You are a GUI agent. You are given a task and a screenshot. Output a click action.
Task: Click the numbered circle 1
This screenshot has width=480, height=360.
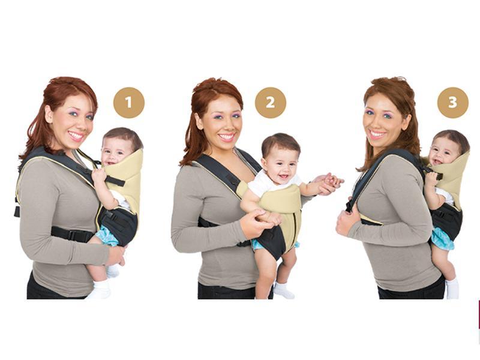[129, 103]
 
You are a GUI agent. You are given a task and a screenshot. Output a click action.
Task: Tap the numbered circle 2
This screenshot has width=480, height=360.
[271, 103]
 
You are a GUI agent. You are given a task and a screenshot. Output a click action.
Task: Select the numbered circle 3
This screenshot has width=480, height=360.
[452, 103]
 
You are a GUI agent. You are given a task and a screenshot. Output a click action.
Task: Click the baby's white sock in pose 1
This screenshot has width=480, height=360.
[100, 290]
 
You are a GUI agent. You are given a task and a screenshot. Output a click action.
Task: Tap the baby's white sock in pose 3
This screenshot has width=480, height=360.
[452, 289]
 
